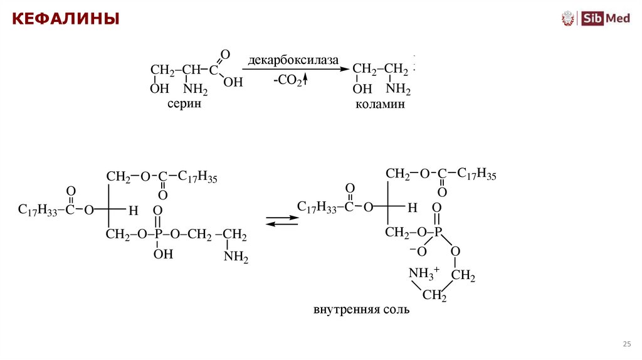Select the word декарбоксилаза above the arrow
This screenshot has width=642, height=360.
pyautogui.click(x=293, y=60)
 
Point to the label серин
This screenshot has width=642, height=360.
pyautogui.click(x=184, y=104)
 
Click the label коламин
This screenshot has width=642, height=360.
pyautogui.click(x=380, y=105)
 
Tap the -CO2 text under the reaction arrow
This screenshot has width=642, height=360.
pyautogui.click(x=288, y=81)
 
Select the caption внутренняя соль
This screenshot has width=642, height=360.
pyautogui.click(x=361, y=310)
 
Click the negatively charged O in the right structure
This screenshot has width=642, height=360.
pyautogui.click(x=418, y=251)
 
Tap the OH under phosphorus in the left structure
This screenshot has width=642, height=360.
pyautogui.click(x=163, y=254)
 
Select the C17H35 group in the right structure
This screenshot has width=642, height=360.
pyautogui.click(x=476, y=174)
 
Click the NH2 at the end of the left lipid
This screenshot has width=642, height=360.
pyautogui.click(x=236, y=257)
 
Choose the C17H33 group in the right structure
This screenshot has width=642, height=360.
pyautogui.click(x=317, y=207)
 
